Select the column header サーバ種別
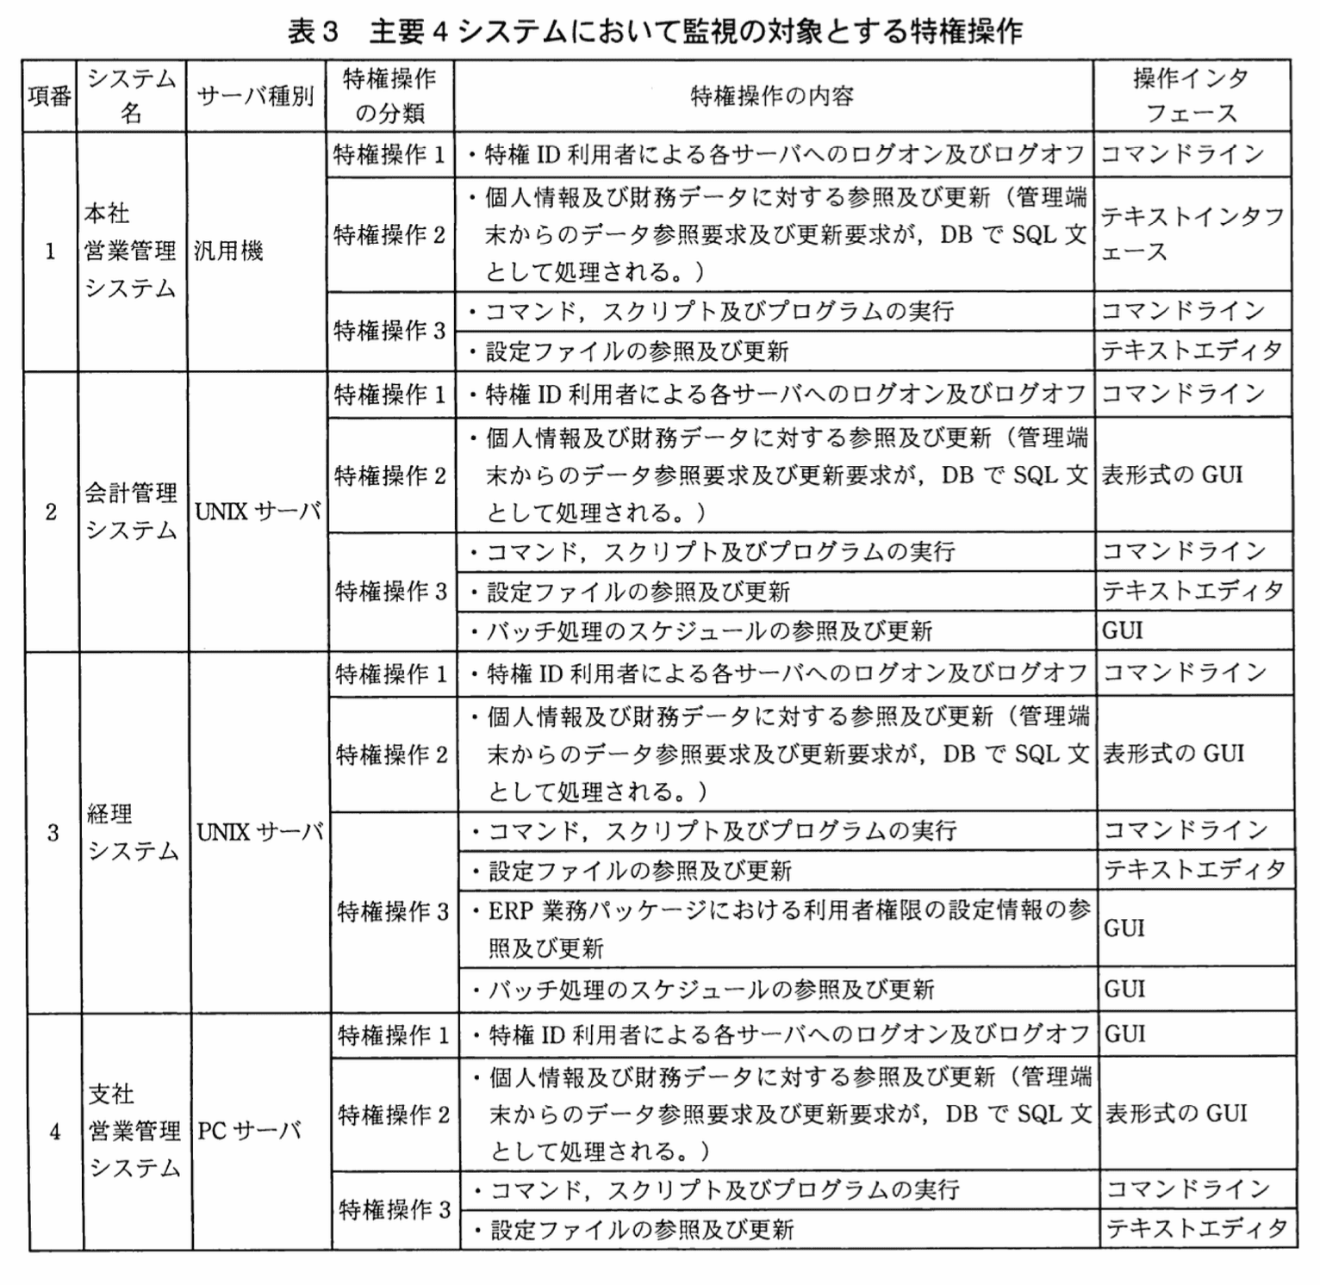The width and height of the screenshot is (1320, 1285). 255,96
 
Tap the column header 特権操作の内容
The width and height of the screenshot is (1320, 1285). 772,96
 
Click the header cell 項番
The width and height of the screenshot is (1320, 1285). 49,96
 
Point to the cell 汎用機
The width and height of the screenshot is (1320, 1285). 228,251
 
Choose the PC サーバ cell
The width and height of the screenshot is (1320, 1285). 249,1130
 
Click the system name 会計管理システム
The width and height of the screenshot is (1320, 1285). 131,511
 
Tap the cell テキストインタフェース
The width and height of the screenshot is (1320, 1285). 1192,233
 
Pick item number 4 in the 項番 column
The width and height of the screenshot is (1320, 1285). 55,1131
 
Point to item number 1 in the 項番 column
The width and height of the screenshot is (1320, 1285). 50,251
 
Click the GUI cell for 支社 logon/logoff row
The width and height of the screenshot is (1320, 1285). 1125,1034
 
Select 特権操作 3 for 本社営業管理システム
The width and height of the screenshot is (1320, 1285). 389,331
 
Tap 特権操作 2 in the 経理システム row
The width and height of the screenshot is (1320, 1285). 392,754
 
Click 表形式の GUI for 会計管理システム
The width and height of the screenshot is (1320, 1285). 1172,475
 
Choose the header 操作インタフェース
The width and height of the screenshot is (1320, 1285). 1191,96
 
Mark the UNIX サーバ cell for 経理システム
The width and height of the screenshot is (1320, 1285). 259,832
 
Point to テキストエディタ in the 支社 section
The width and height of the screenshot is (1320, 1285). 1197,1228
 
